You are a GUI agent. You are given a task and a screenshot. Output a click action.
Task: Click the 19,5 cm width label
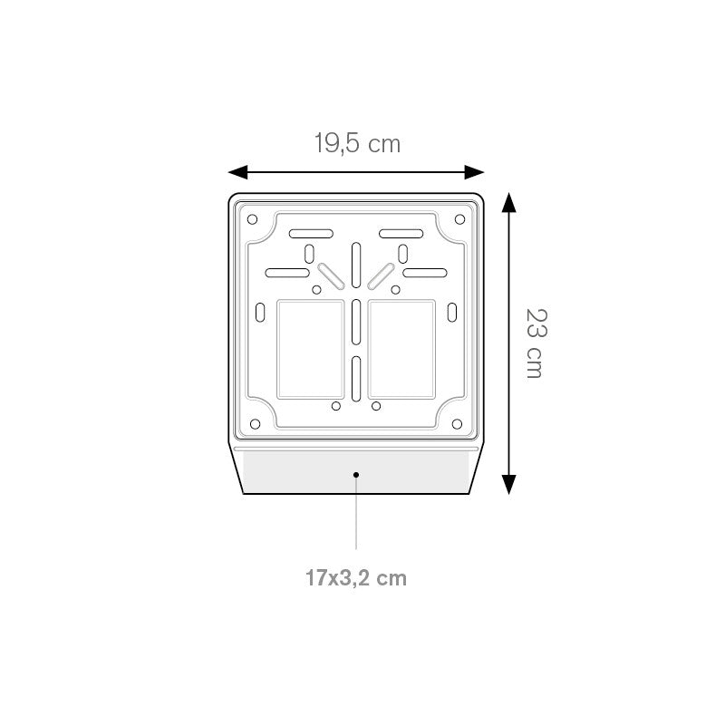point(357,143)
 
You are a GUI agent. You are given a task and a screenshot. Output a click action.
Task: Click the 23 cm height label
point(536,343)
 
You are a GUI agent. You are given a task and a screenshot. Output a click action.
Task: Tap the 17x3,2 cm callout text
point(356,578)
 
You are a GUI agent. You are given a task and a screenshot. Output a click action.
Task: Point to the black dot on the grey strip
point(356,475)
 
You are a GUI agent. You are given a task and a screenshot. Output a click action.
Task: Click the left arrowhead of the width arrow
point(237,172)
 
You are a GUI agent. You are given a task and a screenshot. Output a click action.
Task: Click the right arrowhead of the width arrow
point(474,172)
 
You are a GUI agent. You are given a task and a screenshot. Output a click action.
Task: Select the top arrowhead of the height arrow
point(508,202)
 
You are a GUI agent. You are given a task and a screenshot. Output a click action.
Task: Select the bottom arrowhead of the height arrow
point(508,485)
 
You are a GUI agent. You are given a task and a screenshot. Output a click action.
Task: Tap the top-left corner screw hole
point(252,219)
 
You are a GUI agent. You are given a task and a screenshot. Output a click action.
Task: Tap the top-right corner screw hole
point(459,219)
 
